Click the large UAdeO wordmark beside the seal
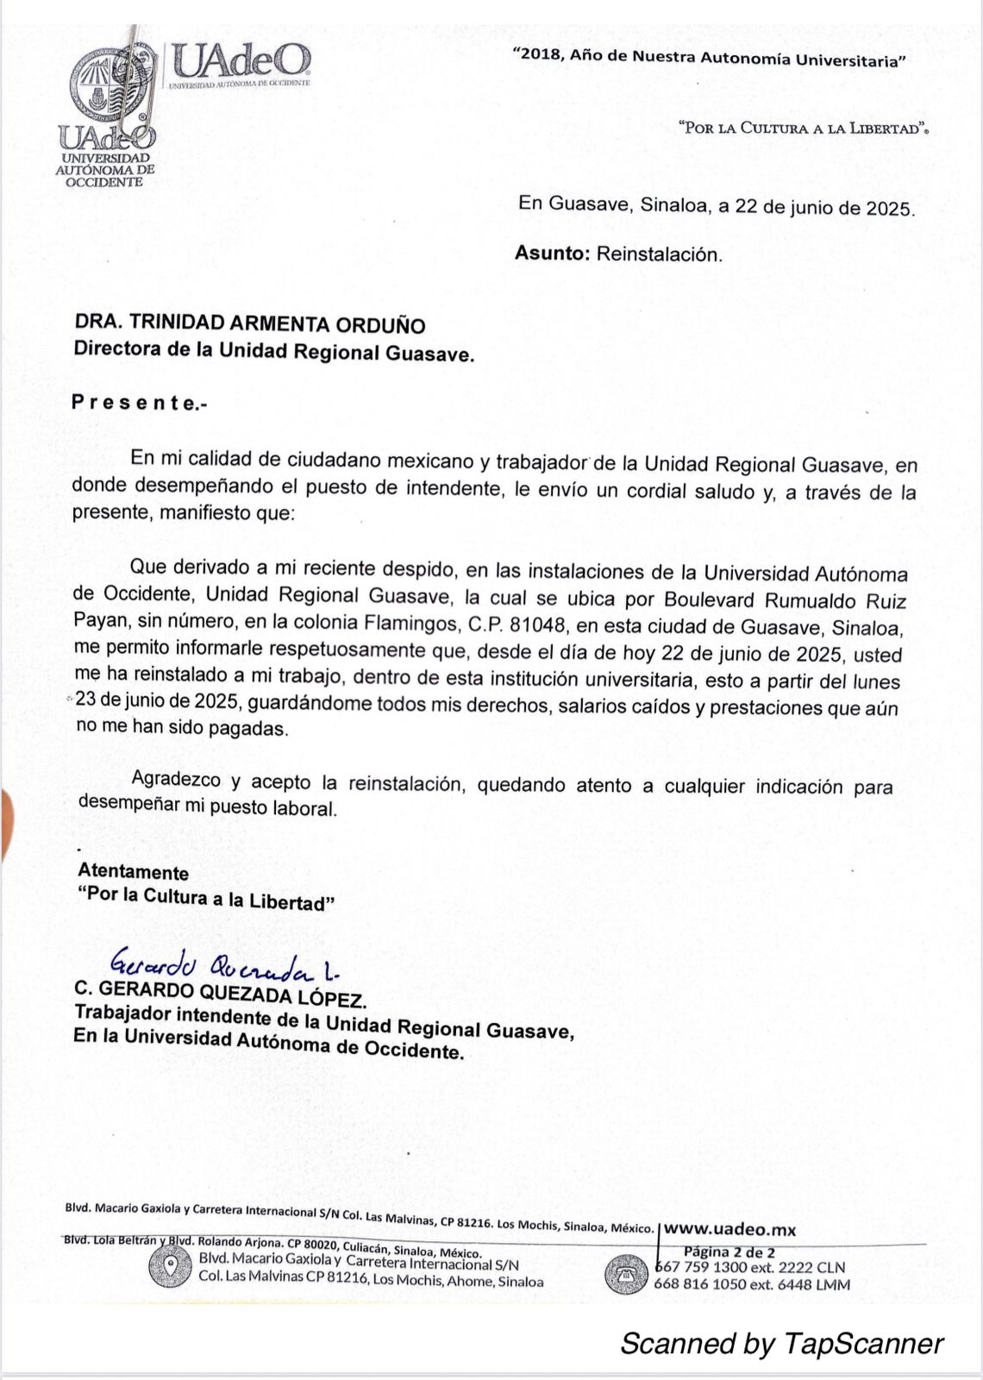coord(240,60)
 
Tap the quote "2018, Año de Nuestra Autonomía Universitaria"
coord(708,58)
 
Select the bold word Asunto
coord(552,254)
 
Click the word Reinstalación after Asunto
coord(660,254)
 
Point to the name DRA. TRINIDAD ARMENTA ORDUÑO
coord(250,324)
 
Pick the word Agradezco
coord(177,780)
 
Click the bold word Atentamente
coord(133,872)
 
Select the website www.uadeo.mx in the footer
coord(729,1229)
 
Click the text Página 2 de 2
coord(729,1251)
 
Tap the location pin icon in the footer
coord(170,1268)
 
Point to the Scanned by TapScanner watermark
coord(781,1343)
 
